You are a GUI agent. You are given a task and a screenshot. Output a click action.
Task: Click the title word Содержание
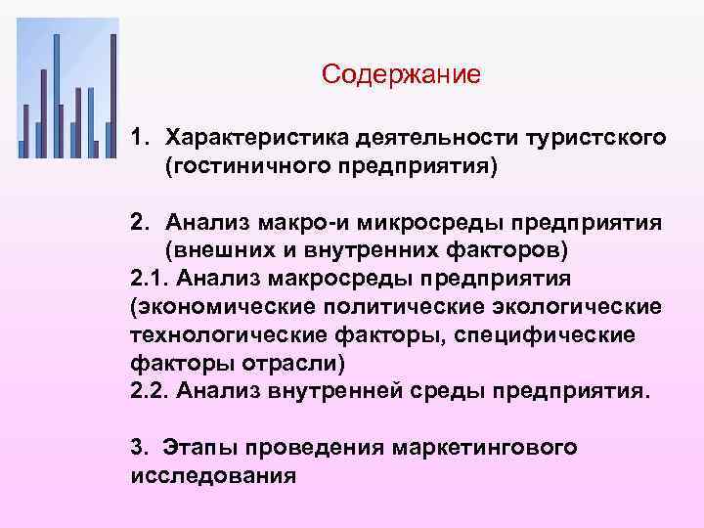click(x=401, y=75)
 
